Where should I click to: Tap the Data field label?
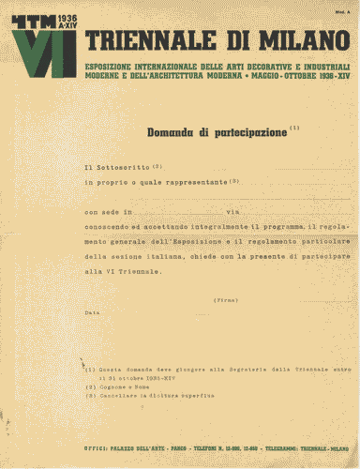pos(92,312)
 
